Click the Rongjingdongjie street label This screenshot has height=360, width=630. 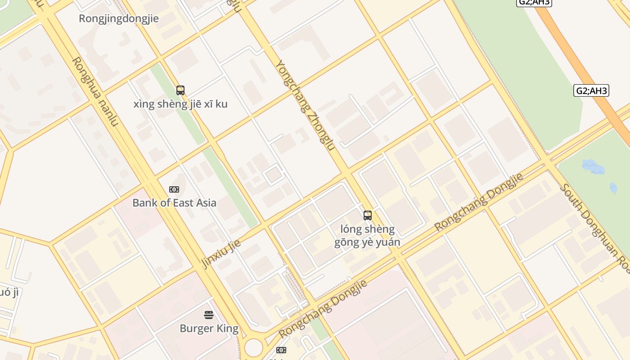119,18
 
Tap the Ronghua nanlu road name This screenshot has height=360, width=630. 95,91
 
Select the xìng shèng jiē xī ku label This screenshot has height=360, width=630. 180,104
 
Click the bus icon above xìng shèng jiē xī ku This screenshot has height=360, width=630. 180,90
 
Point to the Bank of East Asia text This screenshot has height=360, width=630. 174,202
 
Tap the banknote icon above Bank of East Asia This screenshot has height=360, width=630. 174,189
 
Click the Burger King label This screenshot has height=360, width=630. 209,328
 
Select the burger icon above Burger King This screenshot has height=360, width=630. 209,315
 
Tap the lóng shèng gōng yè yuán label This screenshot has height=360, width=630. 367,236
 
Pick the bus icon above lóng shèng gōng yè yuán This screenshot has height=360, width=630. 368,216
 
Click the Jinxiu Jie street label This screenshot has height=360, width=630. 221,253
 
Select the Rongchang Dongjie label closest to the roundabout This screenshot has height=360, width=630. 323,309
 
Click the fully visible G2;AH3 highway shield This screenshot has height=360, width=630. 591,90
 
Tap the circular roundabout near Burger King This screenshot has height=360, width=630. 253,347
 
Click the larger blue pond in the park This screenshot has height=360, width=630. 593,167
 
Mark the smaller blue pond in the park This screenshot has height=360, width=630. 613,188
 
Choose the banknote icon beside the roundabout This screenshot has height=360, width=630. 281,350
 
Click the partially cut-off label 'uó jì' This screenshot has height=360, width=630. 9,292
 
